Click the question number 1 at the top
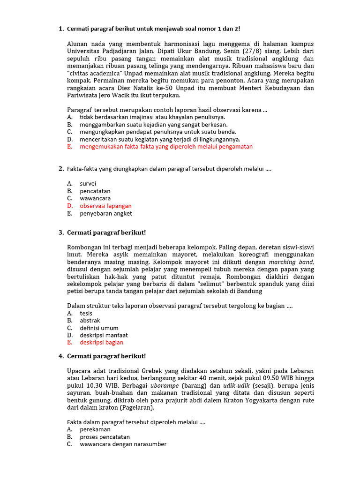point(61,29)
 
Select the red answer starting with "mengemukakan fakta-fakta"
point(166,147)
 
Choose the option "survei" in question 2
point(88,184)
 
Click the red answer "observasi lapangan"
point(105,206)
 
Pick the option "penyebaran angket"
point(105,213)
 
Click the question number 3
point(61,232)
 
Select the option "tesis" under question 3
point(86,313)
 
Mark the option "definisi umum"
point(99,328)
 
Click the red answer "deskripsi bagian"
point(101,343)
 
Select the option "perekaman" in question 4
point(95,429)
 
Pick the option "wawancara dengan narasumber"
point(123,444)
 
